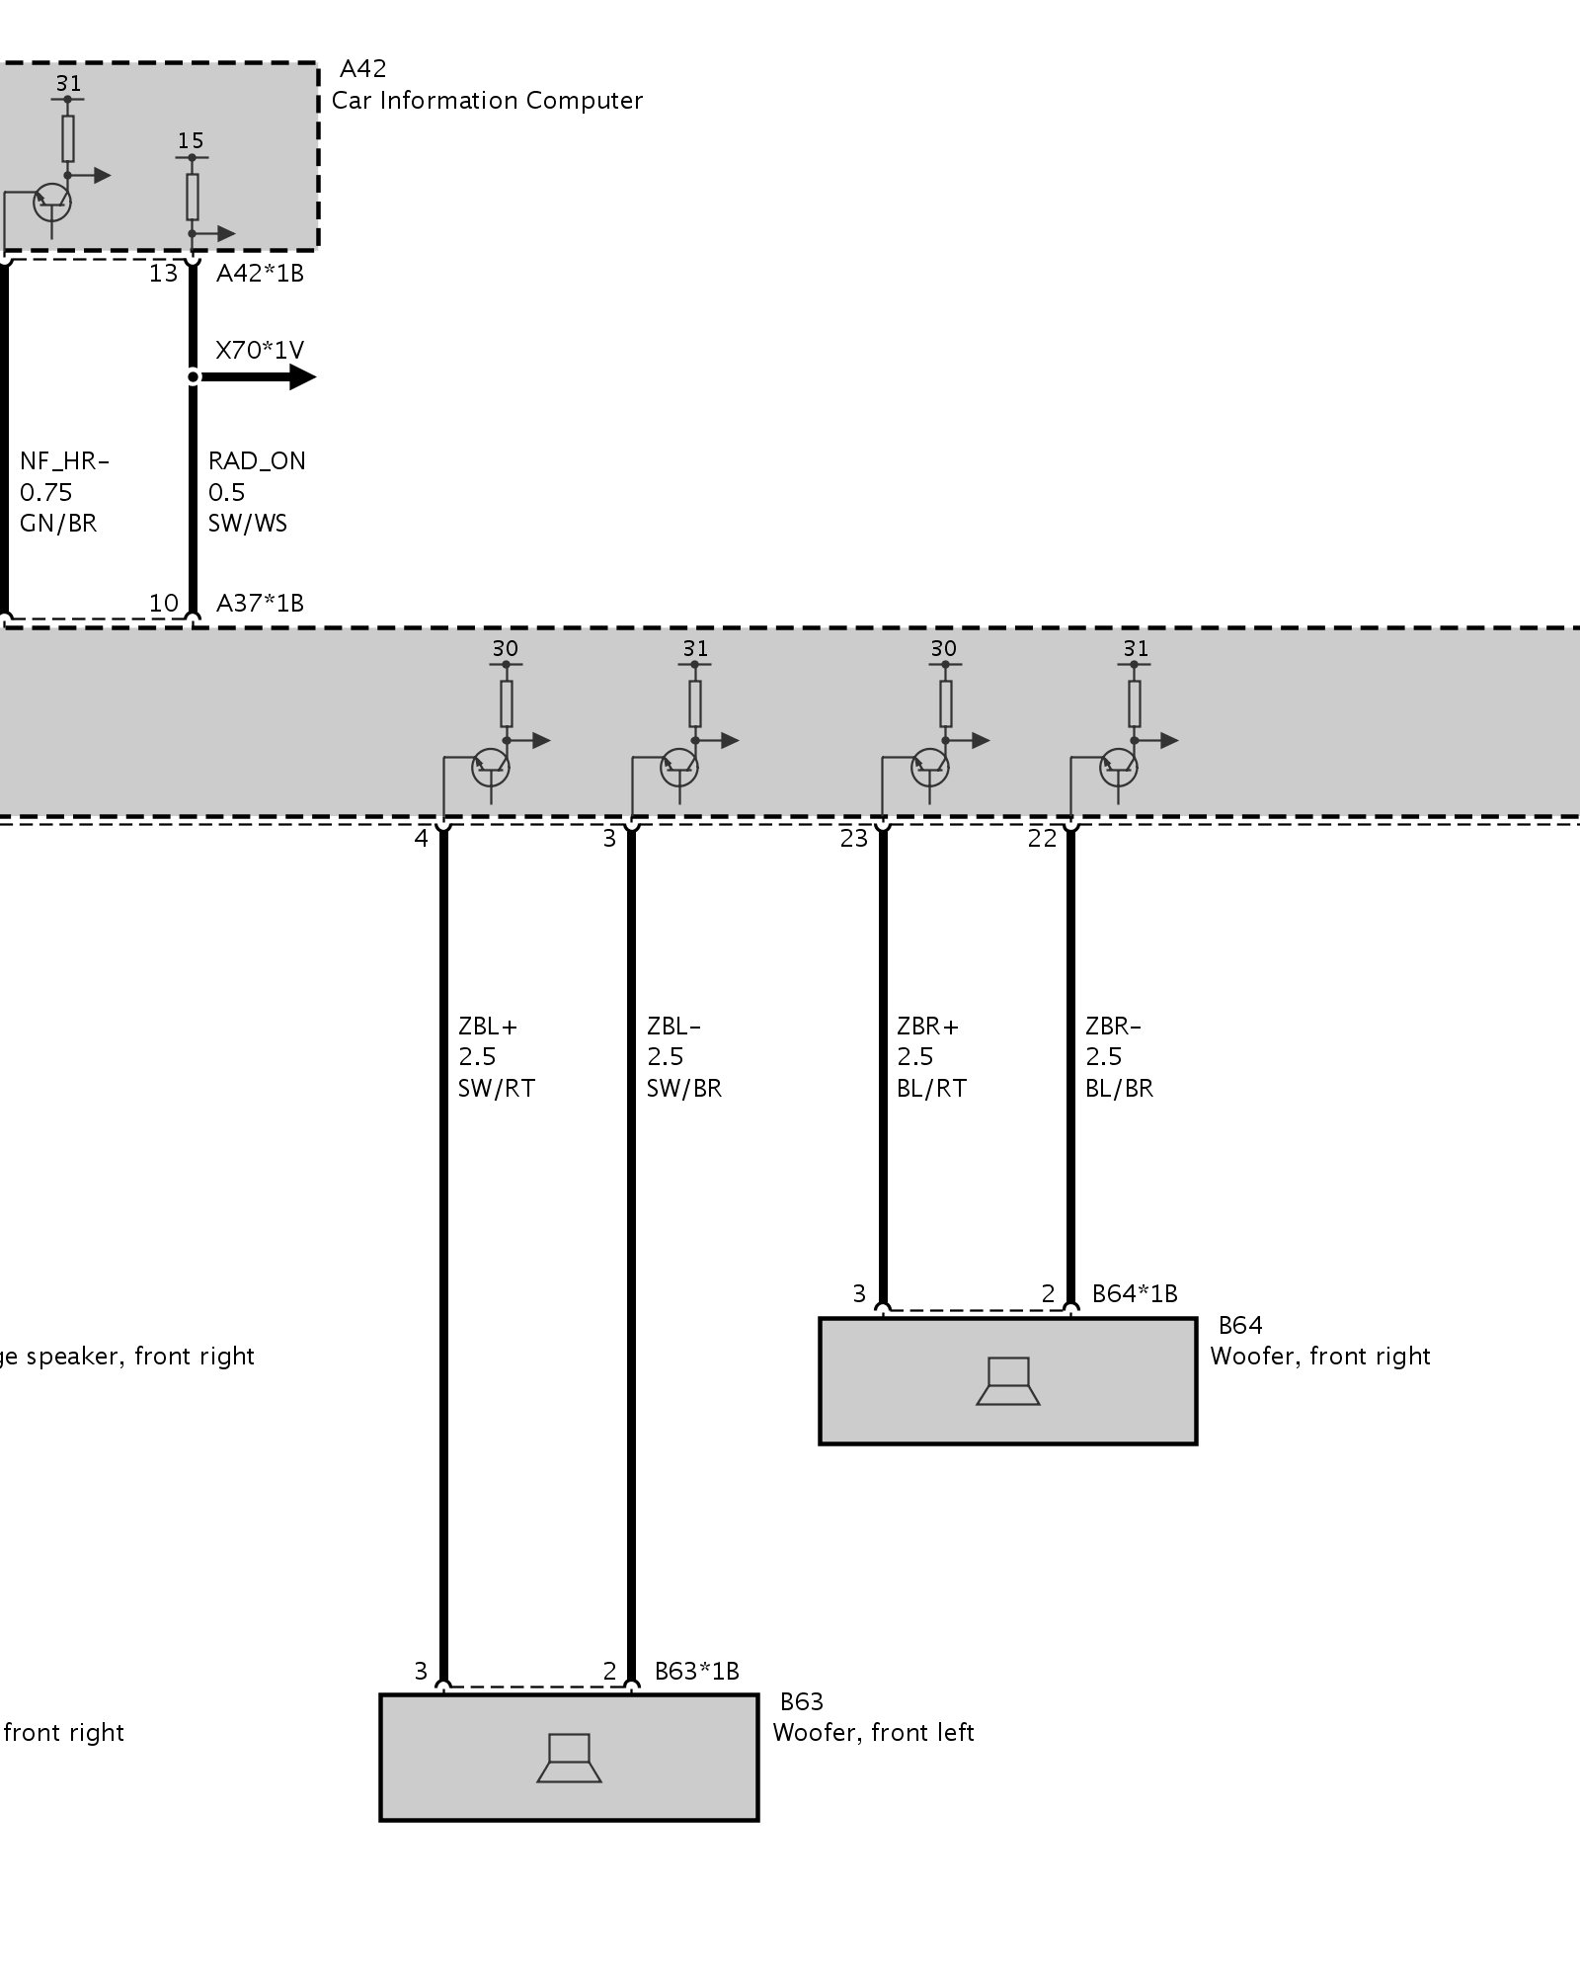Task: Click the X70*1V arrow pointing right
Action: click(296, 376)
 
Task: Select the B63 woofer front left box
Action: click(569, 1758)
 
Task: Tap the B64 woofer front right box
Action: click(1007, 1380)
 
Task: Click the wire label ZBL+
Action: click(488, 1027)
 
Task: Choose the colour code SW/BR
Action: click(683, 1089)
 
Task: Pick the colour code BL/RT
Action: click(930, 1089)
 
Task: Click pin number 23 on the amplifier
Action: click(853, 839)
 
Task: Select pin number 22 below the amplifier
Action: click(1042, 839)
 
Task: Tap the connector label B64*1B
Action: click(1135, 1293)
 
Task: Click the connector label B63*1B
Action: click(696, 1671)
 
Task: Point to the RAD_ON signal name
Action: click(257, 461)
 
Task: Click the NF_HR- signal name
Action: click(64, 461)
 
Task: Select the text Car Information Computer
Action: click(487, 101)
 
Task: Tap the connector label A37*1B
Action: click(260, 603)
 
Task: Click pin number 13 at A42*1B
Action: click(163, 274)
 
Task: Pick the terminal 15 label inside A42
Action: click(191, 141)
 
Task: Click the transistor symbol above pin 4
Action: click(491, 766)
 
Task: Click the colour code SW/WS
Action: click(247, 524)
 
